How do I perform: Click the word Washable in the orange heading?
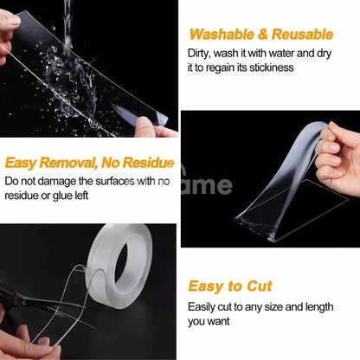click(222, 35)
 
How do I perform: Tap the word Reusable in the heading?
click(302, 35)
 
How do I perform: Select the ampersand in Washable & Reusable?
click(263, 35)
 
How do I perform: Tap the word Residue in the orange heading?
click(149, 163)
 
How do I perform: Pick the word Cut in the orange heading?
click(260, 286)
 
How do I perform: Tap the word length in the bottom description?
click(320, 307)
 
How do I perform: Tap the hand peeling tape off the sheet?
click(338, 158)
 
